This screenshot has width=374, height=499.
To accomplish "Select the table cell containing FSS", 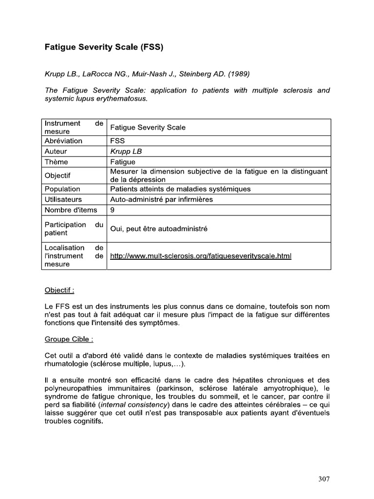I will coord(118,141).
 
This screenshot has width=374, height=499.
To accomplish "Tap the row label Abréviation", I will coord(64,141).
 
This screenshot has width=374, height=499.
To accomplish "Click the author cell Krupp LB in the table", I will coord(126,151).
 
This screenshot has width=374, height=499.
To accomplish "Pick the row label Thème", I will coord(56,162).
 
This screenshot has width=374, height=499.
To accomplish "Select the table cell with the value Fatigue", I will coord(123,162).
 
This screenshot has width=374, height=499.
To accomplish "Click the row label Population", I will coord(62,189).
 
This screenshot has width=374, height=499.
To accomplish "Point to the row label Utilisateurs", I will coord(63,199).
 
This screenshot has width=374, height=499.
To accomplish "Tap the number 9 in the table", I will coord(113,210).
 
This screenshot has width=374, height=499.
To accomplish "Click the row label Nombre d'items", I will coord(71,210).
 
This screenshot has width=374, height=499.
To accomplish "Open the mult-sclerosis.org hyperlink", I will coord(201,256).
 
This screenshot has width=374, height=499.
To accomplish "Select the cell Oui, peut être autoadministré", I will coord(159,229).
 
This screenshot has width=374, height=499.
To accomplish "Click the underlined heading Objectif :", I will coord(59,290).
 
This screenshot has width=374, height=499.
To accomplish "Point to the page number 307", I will coord(324,479).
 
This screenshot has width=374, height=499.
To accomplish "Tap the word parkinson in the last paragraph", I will coord(190,388).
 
